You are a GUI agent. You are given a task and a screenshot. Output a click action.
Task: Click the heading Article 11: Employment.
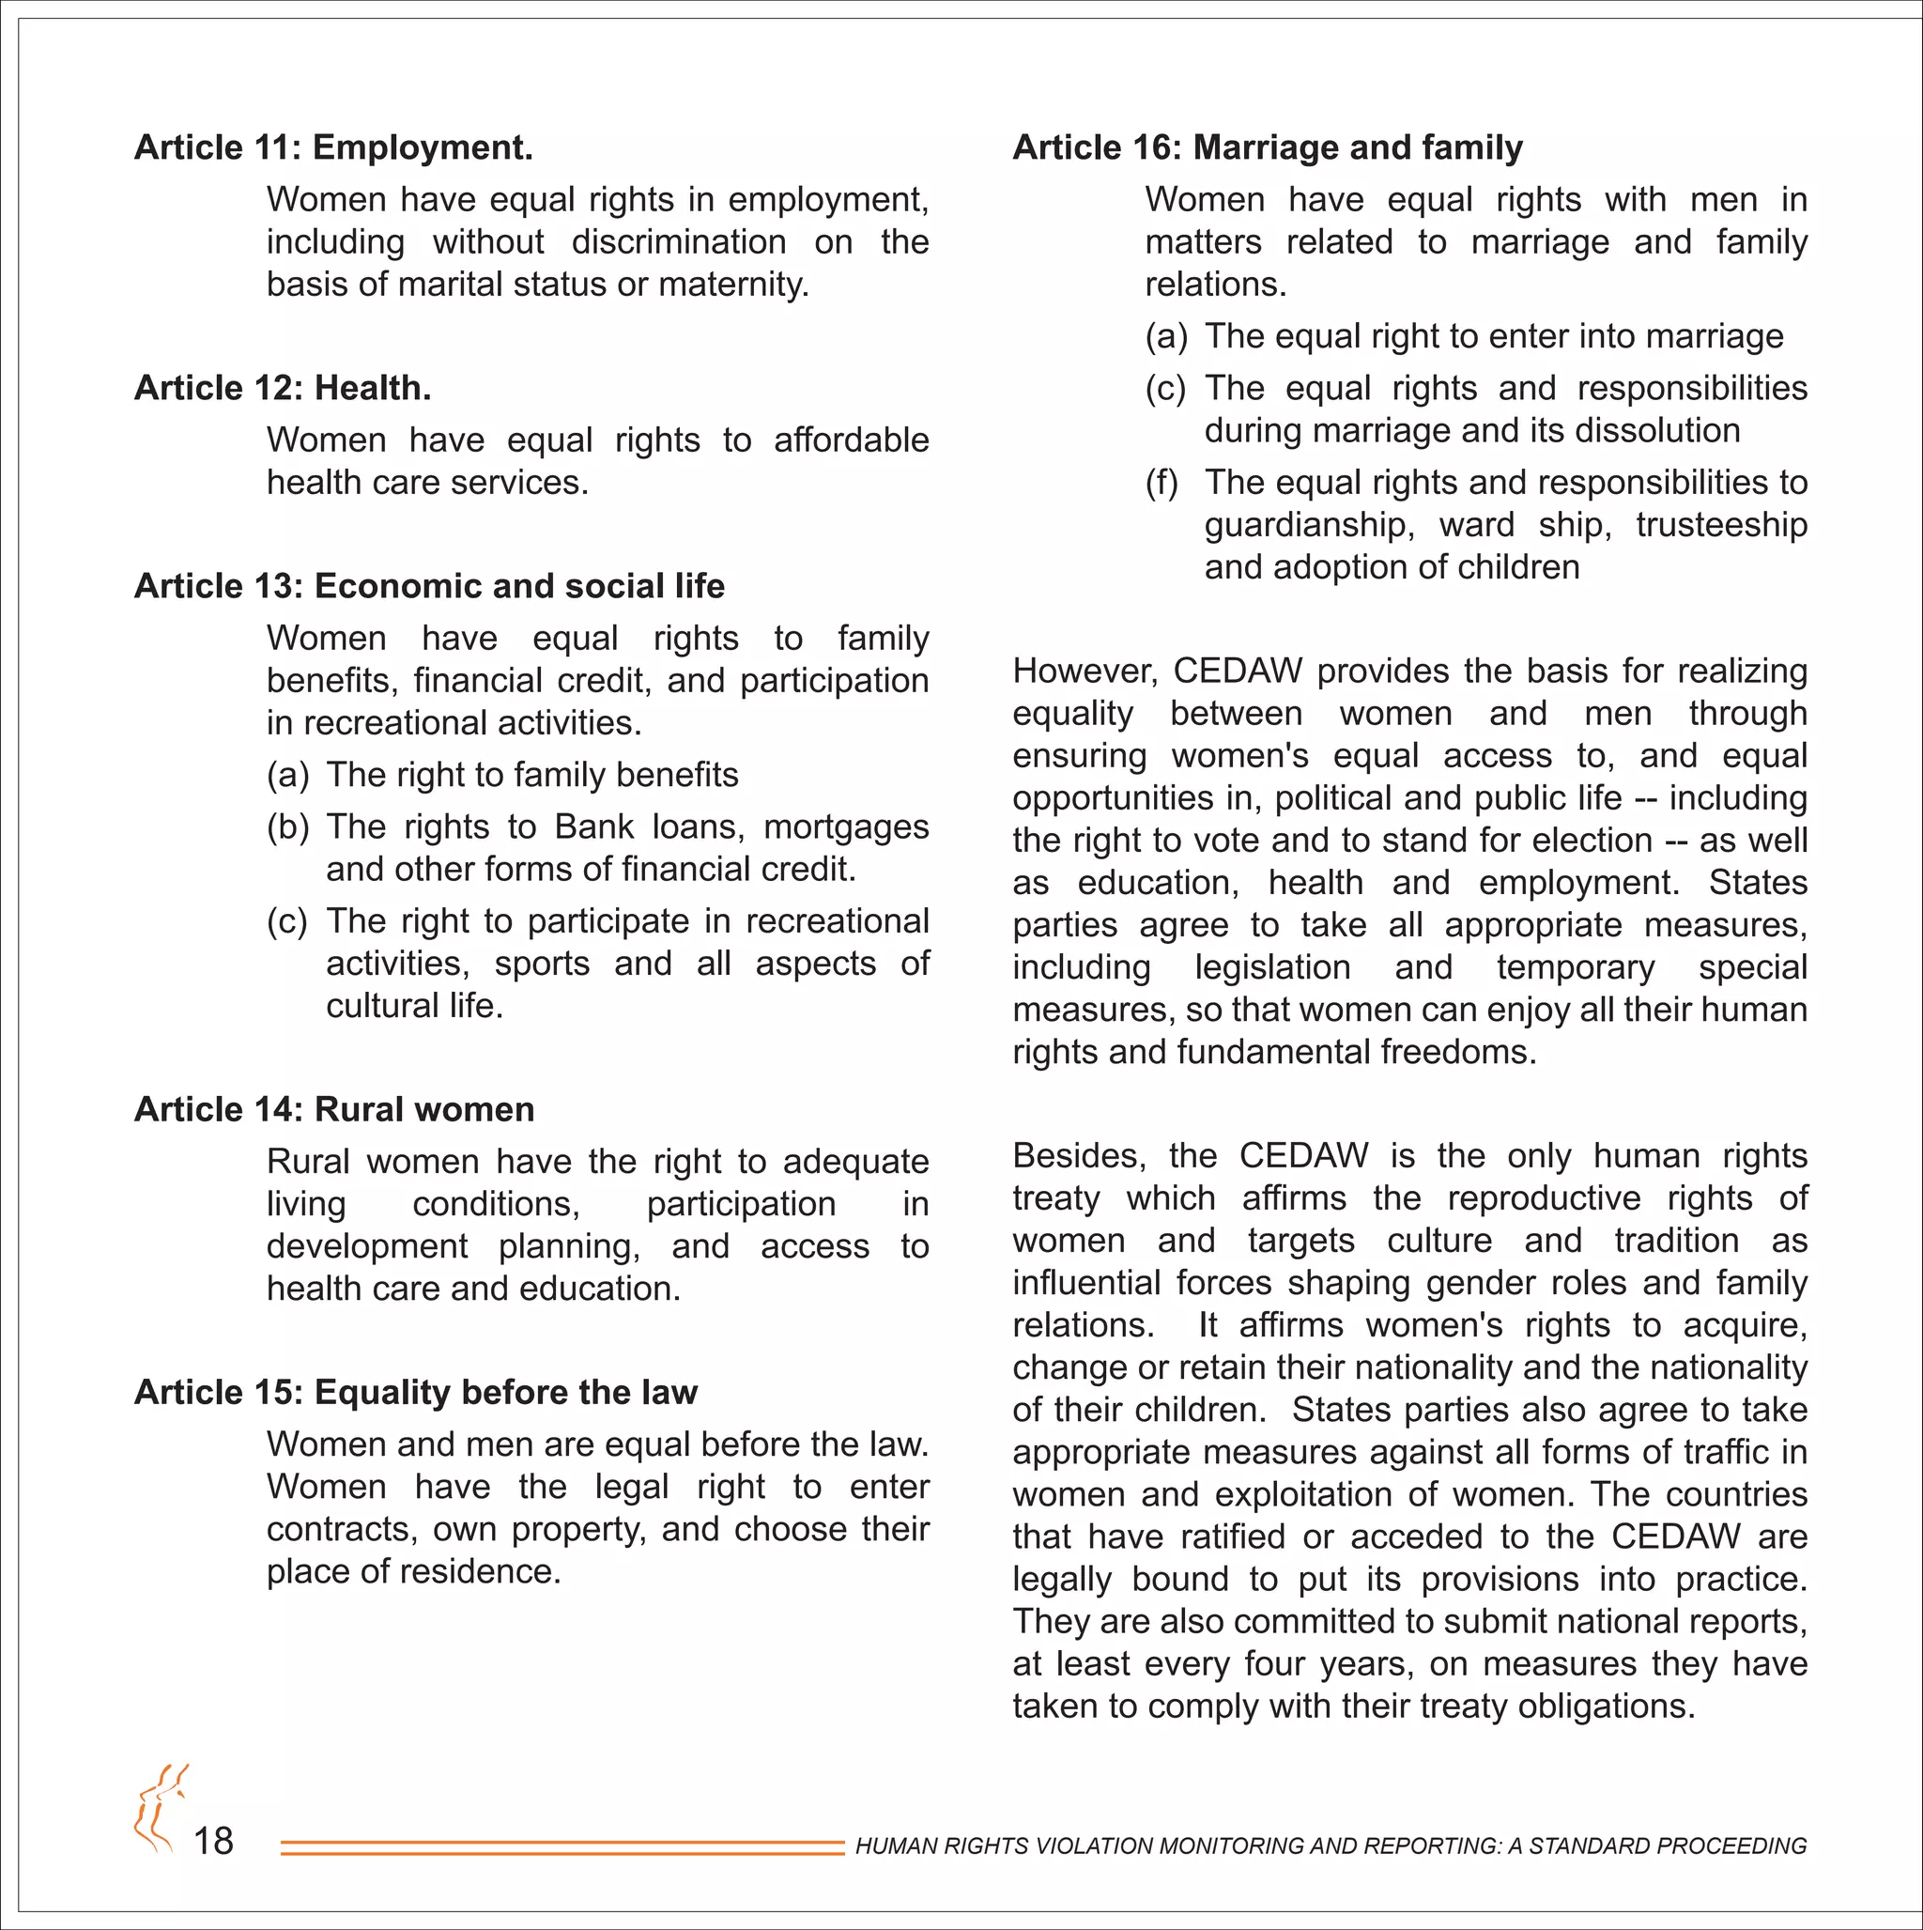coord(333,147)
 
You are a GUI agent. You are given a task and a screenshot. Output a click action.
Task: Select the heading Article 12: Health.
coord(283,388)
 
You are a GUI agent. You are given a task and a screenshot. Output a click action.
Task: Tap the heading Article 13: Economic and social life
coord(429,586)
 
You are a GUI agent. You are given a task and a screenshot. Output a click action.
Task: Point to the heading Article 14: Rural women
coord(334,1110)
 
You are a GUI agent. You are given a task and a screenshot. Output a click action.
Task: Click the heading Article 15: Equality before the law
coord(416,1393)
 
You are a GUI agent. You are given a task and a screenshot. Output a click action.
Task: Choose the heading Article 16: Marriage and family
coord(1268,147)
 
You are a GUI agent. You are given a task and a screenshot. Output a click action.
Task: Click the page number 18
coord(213,1841)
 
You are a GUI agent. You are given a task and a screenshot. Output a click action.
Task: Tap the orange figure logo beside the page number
coord(160,1808)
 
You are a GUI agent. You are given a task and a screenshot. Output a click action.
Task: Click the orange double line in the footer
coord(562,1848)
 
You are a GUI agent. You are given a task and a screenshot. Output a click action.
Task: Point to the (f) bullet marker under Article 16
coord(1161,484)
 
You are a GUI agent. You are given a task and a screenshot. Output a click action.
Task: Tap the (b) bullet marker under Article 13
coord(287,827)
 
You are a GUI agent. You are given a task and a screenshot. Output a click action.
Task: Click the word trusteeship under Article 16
coord(1721,525)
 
